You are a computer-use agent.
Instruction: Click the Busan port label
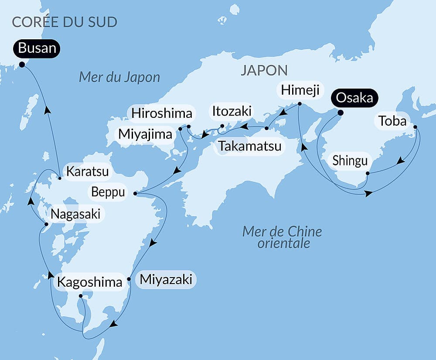point(37,48)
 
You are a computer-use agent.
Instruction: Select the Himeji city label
point(301,90)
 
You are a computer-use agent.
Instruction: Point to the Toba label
point(392,121)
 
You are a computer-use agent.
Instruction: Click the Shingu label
point(350,161)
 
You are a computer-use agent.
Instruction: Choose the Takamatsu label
point(250,146)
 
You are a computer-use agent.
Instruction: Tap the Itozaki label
point(232,111)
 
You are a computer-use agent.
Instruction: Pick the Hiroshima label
point(162,113)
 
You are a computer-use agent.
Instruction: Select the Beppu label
point(109,192)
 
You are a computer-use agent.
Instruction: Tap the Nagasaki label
point(75,214)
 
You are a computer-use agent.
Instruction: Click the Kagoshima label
point(90,282)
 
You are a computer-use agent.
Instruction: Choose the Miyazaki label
point(166,279)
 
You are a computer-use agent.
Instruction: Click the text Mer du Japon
point(119,77)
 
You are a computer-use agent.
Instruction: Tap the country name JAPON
point(264,70)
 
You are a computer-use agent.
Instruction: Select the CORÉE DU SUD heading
point(65,22)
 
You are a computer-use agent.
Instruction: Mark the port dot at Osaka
point(341,113)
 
